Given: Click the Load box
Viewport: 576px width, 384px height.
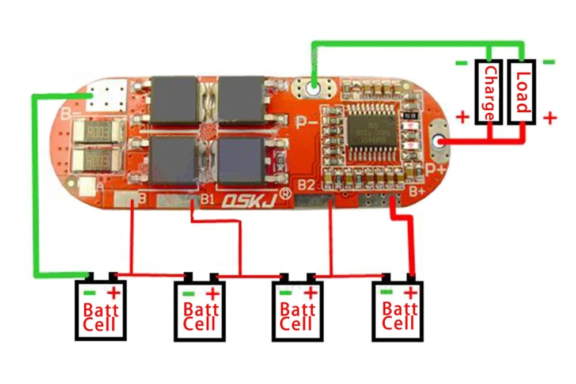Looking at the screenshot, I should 522,92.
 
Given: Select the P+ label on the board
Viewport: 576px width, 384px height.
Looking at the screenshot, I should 436,168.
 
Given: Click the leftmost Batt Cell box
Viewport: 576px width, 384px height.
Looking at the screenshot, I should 100,310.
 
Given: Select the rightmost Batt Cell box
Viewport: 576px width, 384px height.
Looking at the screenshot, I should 397,310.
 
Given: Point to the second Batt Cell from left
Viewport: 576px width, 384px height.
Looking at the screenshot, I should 199,310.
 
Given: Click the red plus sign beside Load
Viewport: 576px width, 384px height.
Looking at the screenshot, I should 550,118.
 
